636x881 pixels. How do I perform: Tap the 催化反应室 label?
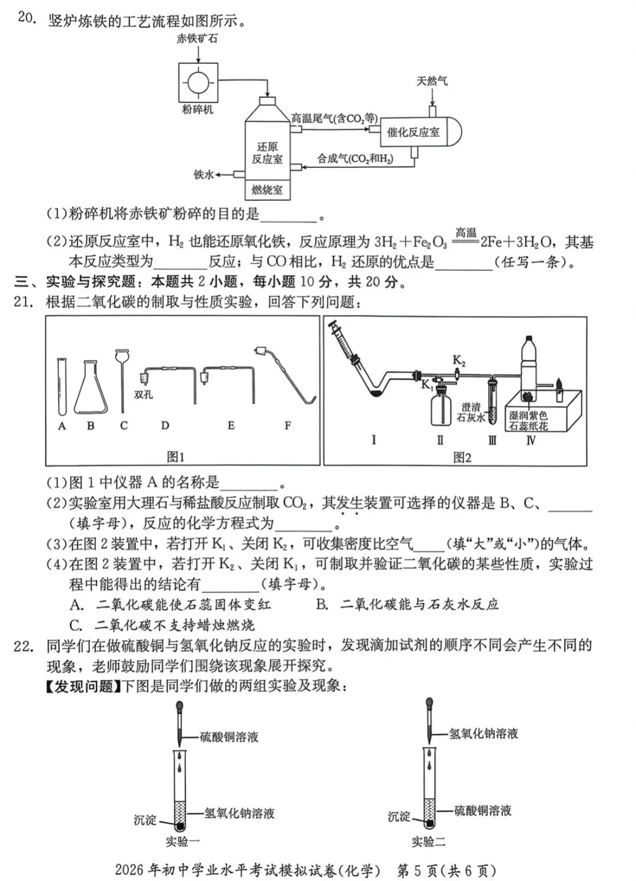point(413,132)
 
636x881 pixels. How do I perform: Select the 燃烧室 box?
point(267,190)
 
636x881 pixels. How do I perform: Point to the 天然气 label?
point(432,81)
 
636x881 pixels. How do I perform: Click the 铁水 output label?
point(204,174)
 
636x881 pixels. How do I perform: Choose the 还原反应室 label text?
point(267,153)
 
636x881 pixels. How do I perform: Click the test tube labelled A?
point(62,386)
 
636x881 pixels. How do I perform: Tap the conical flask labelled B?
point(91,388)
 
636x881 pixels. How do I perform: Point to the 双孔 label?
point(143,394)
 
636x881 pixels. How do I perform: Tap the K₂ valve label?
point(459,360)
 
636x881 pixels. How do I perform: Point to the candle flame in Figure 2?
point(559,381)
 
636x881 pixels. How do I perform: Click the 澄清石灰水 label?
point(471,413)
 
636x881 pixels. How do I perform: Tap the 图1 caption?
point(175,457)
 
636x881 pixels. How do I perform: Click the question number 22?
point(23,646)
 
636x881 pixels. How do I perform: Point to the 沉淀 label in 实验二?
point(399,816)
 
